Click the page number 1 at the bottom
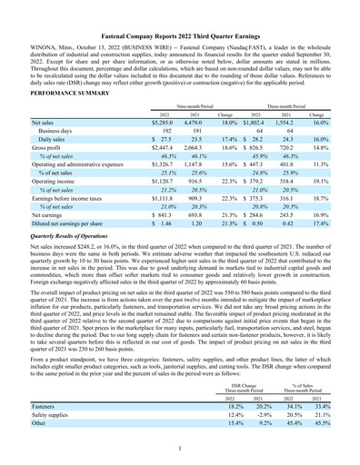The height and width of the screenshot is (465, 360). pos(180,448)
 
